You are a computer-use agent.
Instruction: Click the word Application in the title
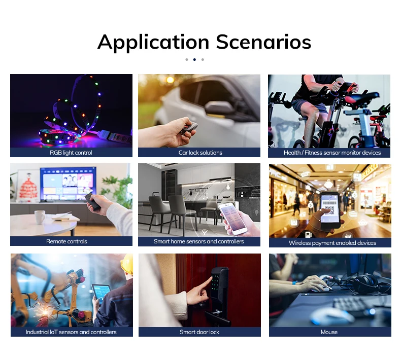point(153,42)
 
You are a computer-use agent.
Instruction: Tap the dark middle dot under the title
point(194,59)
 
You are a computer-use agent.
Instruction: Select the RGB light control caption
point(71,153)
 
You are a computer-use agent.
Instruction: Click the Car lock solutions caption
point(200,153)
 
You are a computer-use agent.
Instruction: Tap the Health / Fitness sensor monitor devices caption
point(329,153)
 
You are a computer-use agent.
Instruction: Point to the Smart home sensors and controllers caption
point(199,241)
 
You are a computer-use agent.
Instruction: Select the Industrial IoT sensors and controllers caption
point(71,332)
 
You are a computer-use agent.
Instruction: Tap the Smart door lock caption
point(199,332)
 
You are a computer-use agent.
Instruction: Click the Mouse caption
point(329,332)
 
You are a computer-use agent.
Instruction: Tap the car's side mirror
point(218,108)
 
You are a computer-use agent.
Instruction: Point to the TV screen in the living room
point(68,183)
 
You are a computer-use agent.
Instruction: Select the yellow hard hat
point(127,264)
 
